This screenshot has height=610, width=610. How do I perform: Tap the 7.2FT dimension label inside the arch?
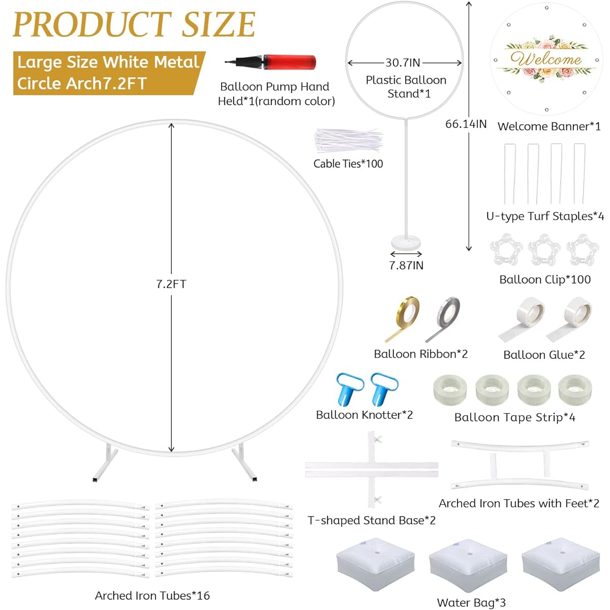click(x=171, y=284)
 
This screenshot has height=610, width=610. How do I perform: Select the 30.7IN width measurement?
click(x=403, y=63)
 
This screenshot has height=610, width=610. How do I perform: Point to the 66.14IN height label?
click(x=466, y=124)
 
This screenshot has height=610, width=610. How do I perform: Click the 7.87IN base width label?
click(x=406, y=265)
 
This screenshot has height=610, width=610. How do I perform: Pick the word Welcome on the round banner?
click(x=546, y=59)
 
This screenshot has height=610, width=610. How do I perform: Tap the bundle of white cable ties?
click(x=349, y=140)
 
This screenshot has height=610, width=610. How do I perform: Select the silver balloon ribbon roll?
click(x=443, y=319)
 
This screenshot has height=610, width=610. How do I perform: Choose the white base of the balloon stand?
click(x=407, y=243)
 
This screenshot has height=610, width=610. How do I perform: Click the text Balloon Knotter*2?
click(x=364, y=415)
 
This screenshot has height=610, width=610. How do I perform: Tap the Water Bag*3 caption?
click(x=471, y=602)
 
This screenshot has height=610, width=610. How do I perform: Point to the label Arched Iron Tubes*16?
click(x=152, y=595)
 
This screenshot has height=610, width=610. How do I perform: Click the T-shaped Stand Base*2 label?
click(x=372, y=520)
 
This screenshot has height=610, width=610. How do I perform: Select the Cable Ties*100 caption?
click(x=348, y=164)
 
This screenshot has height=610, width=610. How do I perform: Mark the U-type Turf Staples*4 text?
click(x=545, y=216)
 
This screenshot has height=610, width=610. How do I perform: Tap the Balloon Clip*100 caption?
click(x=545, y=280)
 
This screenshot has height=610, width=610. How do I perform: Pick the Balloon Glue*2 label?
click(x=544, y=354)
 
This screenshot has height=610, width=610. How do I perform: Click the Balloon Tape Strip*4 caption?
click(x=515, y=417)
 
